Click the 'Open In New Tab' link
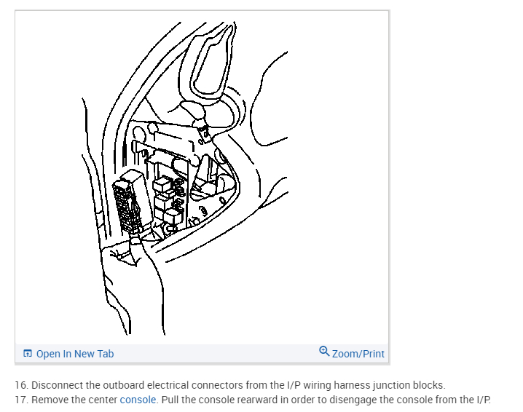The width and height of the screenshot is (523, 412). point(74,354)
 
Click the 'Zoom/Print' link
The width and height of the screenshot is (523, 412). point(358,354)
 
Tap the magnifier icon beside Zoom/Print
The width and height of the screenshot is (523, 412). point(324,352)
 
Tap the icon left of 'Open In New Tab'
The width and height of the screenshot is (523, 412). point(28,354)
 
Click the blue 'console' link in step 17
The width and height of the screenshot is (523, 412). point(138,400)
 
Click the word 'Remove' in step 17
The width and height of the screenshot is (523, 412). point(50,400)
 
